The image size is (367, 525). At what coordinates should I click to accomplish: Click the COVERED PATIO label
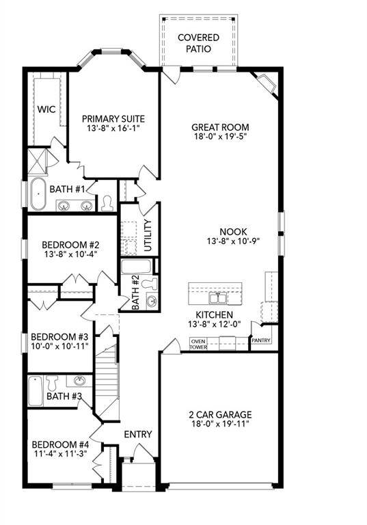click(x=199, y=43)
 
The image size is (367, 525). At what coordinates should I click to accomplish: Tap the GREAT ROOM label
click(x=220, y=127)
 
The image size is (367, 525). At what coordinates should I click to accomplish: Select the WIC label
click(x=46, y=109)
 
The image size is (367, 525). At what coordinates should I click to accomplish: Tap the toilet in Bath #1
click(x=107, y=203)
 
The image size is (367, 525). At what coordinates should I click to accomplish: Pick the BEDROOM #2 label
click(x=71, y=245)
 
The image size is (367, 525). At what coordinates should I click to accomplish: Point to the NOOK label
click(x=234, y=232)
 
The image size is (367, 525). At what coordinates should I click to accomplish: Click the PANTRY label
click(x=261, y=340)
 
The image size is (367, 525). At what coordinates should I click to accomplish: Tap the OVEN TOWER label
click(x=198, y=343)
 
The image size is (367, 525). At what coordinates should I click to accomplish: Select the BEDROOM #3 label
click(x=58, y=336)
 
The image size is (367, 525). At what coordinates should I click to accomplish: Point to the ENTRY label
click(x=137, y=434)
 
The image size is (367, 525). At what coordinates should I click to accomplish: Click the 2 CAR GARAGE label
click(x=220, y=414)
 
